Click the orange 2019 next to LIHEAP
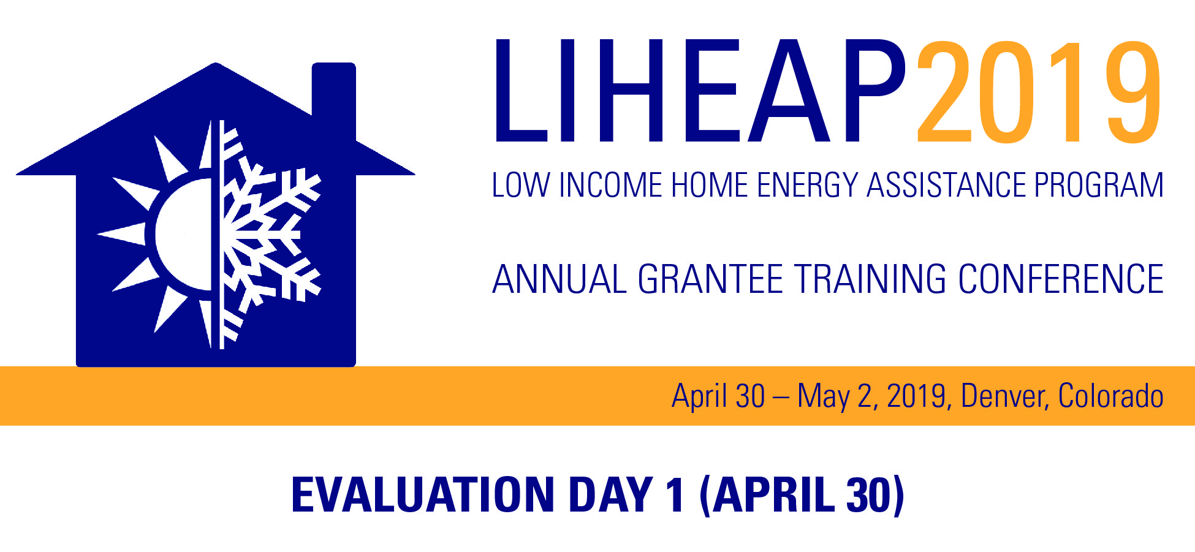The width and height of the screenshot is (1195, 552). pyautogui.click(x=1039, y=92)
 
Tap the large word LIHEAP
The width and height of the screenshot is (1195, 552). pyautogui.click(x=700, y=91)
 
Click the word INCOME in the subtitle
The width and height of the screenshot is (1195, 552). pyautogui.click(x=611, y=185)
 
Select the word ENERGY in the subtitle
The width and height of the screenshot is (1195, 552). pyautogui.click(x=807, y=185)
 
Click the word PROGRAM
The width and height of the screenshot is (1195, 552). pyautogui.click(x=1099, y=185)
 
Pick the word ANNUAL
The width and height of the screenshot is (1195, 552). pyautogui.click(x=560, y=279)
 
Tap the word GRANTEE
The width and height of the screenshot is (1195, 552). pyautogui.click(x=710, y=279)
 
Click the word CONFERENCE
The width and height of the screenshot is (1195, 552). pyautogui.click(x=1061, y=279)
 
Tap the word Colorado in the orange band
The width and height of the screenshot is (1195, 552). pyautogui.click(x=1111, y=396)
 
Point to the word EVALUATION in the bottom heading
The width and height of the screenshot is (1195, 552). pyautogui.click(x=423, y=495)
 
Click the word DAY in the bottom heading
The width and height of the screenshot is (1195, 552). pyautogui.click(x=610, y=495)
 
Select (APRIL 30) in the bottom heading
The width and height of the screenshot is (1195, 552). pyautogui.click(x=802, y=495)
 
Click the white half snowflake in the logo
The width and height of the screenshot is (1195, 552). pyautogui.click(x=264, y=234)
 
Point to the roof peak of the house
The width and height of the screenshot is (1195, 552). pyautogui.click(x=215, y=63)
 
